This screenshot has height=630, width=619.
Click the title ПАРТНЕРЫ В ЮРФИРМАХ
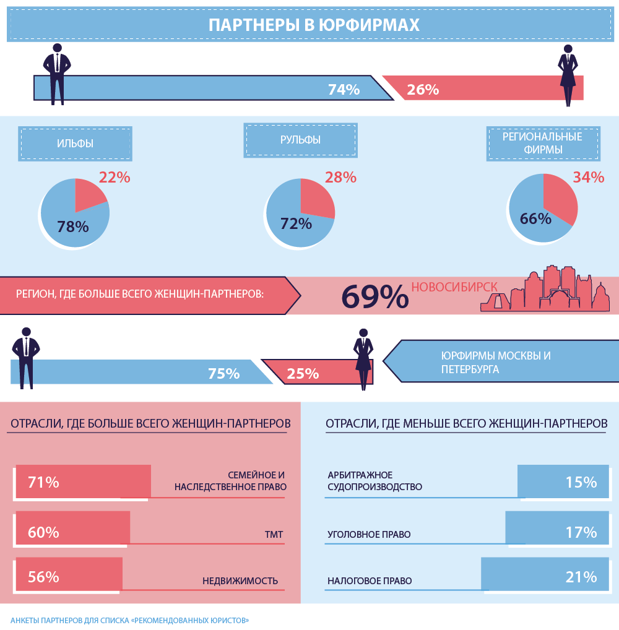point(314,25)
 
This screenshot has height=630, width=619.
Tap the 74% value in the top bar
point(344,90)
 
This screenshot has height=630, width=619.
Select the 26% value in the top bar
point(423,90)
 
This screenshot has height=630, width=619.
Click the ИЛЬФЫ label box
point(75,144)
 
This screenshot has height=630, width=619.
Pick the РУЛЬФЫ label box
point(300,140)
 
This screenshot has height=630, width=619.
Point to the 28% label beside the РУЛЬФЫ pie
point(340,178)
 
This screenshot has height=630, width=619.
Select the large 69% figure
point(375,297)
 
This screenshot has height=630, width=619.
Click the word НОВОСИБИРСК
point(454,287)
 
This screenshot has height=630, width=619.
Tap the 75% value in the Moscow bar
point(223,374)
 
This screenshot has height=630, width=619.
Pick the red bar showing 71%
point(83,481)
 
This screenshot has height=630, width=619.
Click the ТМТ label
point(273,534)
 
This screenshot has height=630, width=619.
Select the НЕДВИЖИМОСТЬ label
point(240,581)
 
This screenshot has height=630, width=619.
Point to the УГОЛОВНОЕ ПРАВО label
point(369,534)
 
